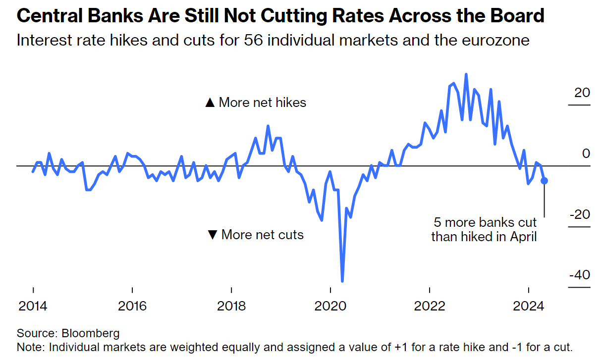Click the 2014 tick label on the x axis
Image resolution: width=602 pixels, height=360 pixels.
[x=33, y=306]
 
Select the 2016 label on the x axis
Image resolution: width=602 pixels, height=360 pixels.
[x=132, y=306]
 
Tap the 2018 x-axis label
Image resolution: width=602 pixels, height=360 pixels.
[x=231, y=306]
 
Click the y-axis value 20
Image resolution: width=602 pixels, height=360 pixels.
[x=583, y=93]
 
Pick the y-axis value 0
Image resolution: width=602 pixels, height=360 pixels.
[x=586, y=154]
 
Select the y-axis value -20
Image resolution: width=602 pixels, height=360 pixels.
[x=580, y=214]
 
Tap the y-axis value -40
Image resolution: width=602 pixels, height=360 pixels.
[x=580, y=274]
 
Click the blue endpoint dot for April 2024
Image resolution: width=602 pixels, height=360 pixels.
[x=544, y=181]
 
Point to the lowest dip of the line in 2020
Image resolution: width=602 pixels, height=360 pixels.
[x=342, y=281]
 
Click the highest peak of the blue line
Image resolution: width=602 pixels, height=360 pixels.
[x=466, y=75]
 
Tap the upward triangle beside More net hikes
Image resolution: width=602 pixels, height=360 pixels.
[x=210, y=103]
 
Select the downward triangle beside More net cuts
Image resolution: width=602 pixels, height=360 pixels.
[x=213, y=235]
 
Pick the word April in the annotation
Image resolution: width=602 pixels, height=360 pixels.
[x=524, y=237]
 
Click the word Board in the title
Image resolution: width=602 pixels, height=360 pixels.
[x=520, y=16]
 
